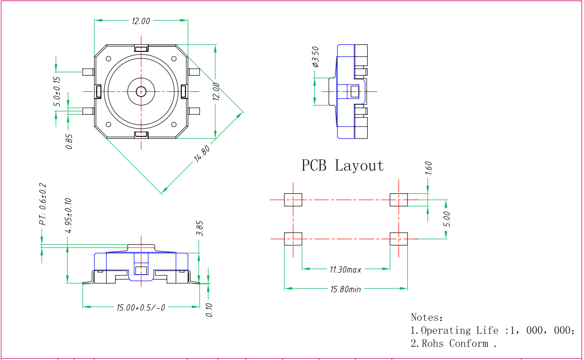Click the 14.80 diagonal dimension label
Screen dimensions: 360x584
[x=202, y=154]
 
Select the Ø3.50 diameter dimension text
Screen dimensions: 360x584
[x=316, y=56]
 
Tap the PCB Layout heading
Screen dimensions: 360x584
[x=342, y=166]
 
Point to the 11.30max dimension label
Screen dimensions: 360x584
[x=346, y=269]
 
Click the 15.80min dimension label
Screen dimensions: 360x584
[x=346, y=289]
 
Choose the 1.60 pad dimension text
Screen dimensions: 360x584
[x=429, y=168]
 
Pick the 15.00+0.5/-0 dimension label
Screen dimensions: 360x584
[x=141, y=308]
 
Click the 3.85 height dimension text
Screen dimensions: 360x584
[x=199, y=228]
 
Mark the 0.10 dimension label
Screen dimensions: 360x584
[x=209, y=310]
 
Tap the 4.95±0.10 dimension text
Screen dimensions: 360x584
[x=68, y=216]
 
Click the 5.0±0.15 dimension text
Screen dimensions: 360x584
[x=57, y=92]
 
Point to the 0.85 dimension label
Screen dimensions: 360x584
[x=69, y=141]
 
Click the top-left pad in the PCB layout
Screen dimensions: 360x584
[x=293, y=200]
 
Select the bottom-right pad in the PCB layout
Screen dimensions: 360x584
[x=399, y=239]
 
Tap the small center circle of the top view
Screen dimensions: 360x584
[x=141, y=91]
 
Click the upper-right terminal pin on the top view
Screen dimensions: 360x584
[x=194, y=72]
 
